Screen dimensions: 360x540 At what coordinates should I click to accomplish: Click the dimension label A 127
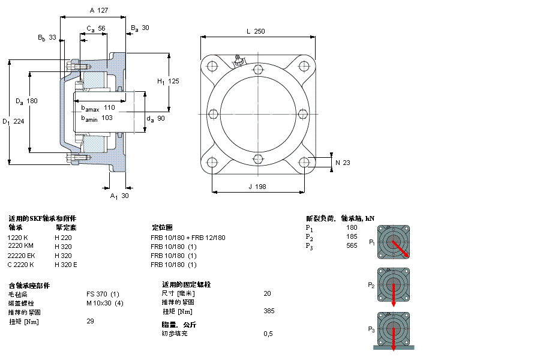98,10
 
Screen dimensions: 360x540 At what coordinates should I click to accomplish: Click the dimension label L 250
256,31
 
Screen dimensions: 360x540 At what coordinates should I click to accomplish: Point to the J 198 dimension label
257,187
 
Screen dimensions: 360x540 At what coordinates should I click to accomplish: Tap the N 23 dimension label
342,163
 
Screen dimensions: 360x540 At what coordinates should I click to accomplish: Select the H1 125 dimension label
168,81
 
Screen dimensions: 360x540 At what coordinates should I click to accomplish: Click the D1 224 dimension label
14,122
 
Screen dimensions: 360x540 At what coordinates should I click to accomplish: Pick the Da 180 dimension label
27,101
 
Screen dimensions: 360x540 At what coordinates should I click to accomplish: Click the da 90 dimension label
155,119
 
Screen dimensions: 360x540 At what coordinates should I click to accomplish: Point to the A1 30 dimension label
119,196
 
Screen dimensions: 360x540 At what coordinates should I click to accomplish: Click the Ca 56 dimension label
96,28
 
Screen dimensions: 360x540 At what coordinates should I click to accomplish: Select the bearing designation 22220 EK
21,256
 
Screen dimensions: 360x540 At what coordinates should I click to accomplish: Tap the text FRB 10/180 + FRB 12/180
188,238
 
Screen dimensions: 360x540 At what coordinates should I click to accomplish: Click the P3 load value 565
352,245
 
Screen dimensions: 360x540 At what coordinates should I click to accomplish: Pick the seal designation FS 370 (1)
103,294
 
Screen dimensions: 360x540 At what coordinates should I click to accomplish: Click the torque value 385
268,311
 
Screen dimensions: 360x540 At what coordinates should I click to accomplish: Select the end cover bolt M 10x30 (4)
104,303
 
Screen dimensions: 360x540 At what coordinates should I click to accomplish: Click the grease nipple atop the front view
238,59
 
